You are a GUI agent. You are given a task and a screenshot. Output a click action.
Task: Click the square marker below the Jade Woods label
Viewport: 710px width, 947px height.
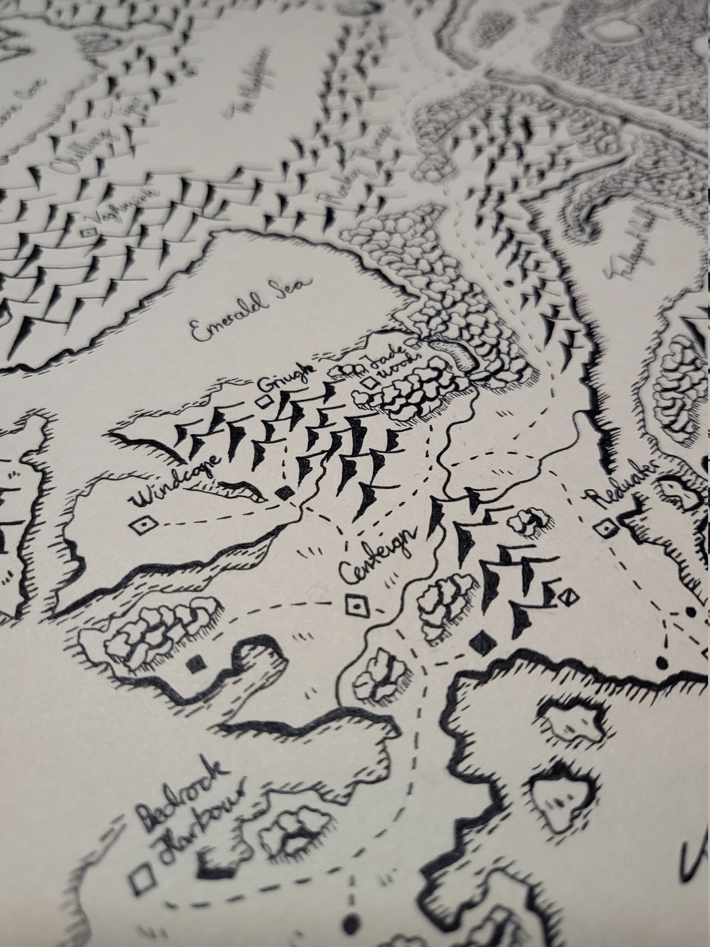372,383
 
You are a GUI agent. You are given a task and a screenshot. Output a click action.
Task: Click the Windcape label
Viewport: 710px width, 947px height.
176,482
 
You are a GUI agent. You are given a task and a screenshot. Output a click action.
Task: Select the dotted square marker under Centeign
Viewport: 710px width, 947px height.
356,604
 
